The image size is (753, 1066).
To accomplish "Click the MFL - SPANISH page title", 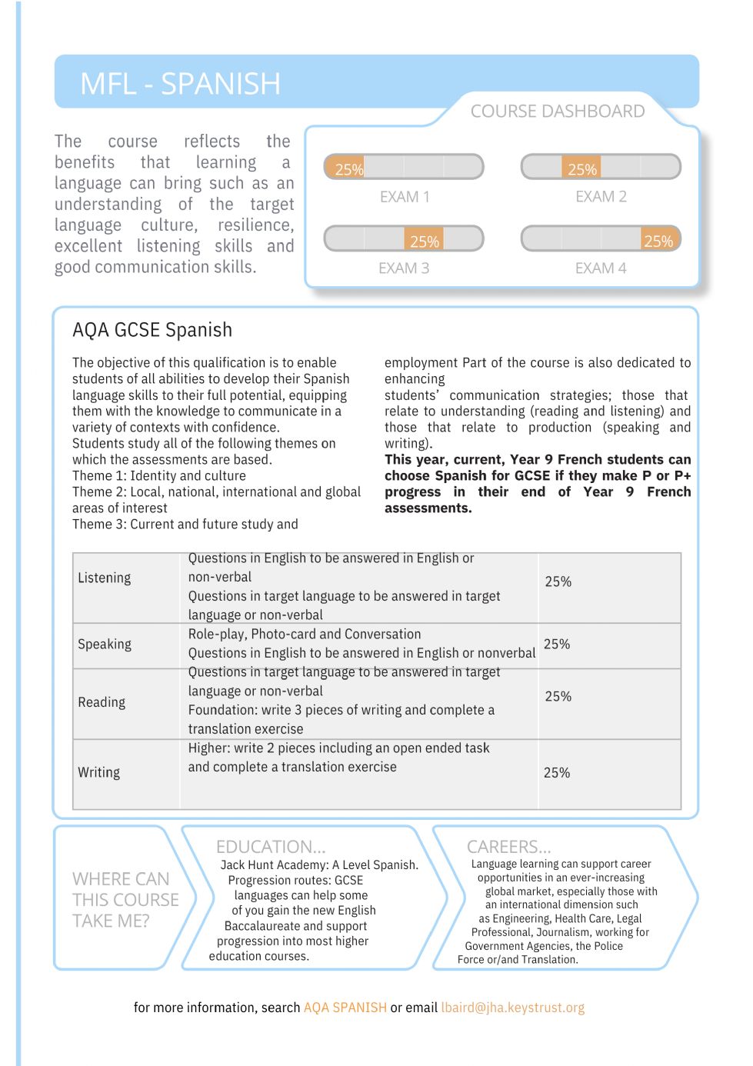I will [180, 84].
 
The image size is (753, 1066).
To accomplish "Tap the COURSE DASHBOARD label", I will [557, 112].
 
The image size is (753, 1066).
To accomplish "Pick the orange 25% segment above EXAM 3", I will [424, 240].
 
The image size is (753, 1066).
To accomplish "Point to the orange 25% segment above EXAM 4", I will [658, 240].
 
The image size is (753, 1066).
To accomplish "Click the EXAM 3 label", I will [404, 268].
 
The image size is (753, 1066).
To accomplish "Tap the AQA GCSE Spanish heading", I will [152, 330].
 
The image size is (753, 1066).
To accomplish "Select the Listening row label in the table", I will [105, 578].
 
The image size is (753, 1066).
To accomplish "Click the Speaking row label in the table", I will [105, 644].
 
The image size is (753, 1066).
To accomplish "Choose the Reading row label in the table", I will [102, 702].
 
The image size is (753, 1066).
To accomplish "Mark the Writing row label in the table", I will [99, 772].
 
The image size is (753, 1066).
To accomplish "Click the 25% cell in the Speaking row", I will [557, 644].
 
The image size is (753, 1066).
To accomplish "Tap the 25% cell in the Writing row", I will [557, 772].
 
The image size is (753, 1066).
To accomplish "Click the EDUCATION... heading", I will [271, 847].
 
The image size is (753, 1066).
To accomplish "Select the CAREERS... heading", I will [508, 847].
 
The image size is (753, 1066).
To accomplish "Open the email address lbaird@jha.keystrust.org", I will [512, 1008].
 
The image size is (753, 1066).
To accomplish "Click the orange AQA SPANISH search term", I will [345, 1008].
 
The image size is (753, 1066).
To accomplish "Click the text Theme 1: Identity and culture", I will [159, 475].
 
